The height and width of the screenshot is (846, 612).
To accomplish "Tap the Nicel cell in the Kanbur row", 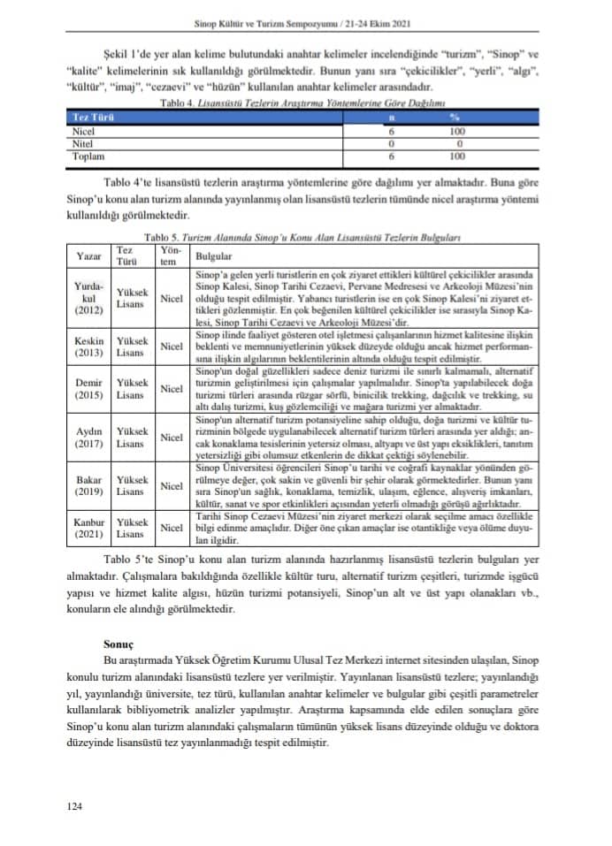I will pyautogui.click(x=172, y=529).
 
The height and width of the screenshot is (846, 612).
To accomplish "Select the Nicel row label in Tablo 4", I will pyautogui.click(x=81, y=130).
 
